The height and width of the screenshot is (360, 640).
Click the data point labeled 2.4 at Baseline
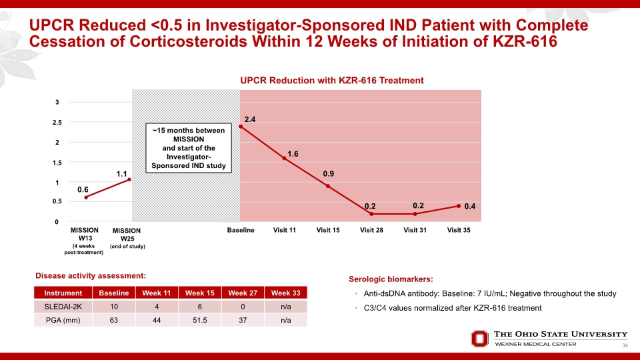[x=241, y=127]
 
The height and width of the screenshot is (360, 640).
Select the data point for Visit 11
[x=285, y=158]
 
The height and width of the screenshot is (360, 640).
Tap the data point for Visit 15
[x=328, y=186]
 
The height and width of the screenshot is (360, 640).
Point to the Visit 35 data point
[x=459, y=206]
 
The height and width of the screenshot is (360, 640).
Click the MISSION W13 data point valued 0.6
[x=86, y=197]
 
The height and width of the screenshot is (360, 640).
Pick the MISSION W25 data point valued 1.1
[x=129, y=179]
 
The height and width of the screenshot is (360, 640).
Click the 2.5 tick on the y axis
[x=57, y=123]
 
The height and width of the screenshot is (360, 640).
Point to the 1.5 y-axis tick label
[x=57, y=163]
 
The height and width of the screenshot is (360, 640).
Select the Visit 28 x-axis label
[x=371, y=230]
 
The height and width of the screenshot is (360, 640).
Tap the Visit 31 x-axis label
[x=415, y=230]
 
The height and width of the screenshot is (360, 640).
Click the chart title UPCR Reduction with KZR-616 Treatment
[x=332, y=81]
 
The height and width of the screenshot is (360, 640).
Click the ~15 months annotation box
[x=189, y=148]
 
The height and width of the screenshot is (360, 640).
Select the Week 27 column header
[x=243, y=293]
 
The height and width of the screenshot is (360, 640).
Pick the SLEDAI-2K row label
[x=63, y=307]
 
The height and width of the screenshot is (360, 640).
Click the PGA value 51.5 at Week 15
[x=200, y=321]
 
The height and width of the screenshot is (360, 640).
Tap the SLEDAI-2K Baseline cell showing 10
[x=114, y=307]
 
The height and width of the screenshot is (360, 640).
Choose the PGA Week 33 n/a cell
[x=286, y=321]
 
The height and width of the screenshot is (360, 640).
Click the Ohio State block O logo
[x=479, y=339]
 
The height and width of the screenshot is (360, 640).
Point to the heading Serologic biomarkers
[x=391, y=279]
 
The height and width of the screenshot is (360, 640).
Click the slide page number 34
[x=625, y=345]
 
